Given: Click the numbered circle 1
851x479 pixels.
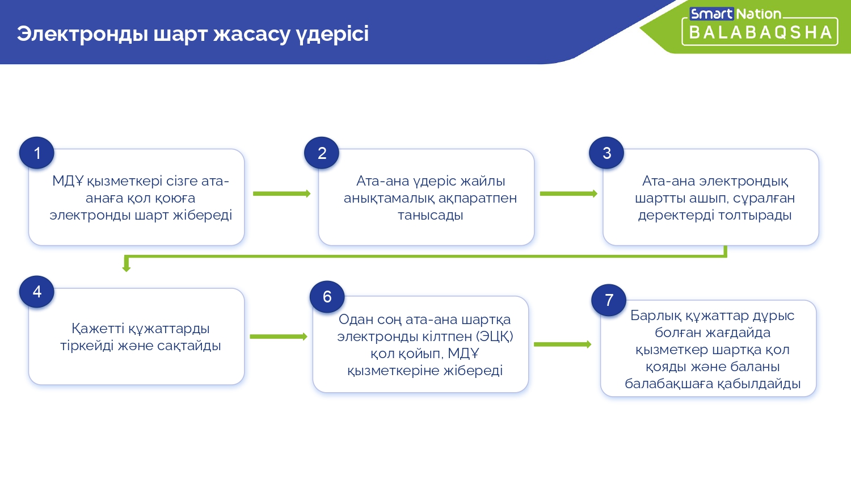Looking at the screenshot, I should point(37,153).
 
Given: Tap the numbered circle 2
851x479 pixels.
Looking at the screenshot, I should point(322,153).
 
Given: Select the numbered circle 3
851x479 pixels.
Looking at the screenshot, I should point(606,153).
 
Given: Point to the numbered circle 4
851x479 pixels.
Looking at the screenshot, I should point(37,292).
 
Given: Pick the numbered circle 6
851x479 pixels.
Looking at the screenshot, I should point(327,297).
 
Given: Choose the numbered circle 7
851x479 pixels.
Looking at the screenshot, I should point(609,300).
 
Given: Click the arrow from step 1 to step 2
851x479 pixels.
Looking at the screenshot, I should point(281,194).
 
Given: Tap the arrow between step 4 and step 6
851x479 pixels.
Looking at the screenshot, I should point(278,337).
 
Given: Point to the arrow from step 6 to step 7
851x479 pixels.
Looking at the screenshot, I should point(562,344).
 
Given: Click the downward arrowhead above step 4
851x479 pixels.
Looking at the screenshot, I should point(127,267).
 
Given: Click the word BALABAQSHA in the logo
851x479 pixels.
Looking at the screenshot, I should point(760,33).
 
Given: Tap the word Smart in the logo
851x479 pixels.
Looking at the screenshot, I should point(711,14).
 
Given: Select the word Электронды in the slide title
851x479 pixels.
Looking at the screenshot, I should point(82,33).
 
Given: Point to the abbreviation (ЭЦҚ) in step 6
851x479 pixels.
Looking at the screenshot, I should point(495,337).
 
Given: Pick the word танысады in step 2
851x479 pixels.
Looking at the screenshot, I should point(430,216).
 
